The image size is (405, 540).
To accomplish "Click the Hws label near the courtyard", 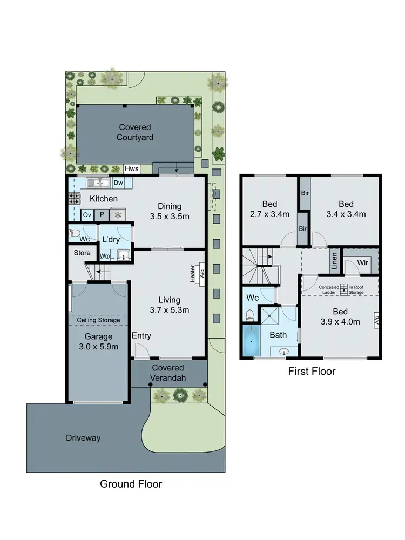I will [132, 169].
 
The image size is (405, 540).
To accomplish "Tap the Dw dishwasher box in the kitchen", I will [118, 183].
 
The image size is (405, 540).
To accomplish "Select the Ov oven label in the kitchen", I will [87, 214].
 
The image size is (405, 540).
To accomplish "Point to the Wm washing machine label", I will [105, 255].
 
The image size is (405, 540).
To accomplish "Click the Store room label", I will [82, 252].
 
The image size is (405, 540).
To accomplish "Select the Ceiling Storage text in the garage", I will [98, 320].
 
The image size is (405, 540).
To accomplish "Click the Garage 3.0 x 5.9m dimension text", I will [98, 342].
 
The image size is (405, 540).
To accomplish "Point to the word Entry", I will [141, 336].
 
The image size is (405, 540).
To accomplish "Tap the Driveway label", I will [83, 438].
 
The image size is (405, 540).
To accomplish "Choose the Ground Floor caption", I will [131, 484].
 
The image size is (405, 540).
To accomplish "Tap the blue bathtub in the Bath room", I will [251, 341].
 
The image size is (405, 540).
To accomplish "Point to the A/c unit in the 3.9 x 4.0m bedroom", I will [376, 320].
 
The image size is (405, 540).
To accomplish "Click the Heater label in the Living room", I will [192, 273].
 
